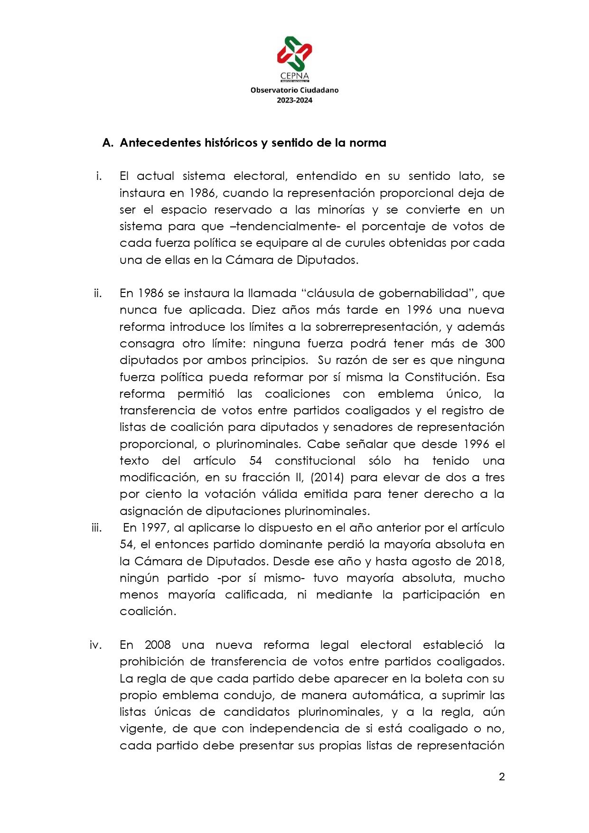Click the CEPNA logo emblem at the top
(x=294, y=54)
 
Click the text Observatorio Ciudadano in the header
(x=294, y=90)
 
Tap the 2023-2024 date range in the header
(x=294, y=100)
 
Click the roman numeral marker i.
(x=98, y=176)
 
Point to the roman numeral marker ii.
(x=97, y=293)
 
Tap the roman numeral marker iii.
(x=96, y=528)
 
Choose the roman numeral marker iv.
(x=95, y=645)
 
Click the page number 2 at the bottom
(x=502, y=777)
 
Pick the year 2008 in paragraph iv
(x=158, y=645)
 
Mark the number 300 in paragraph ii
(x=495, y=344)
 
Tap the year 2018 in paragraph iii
(x=489, y=562)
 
